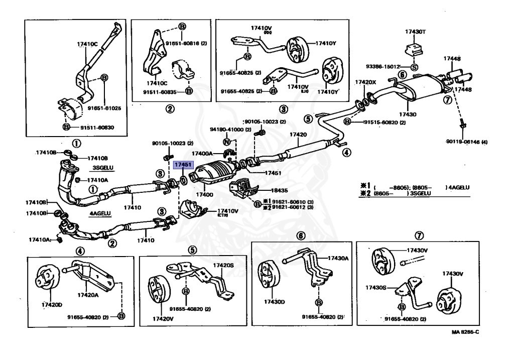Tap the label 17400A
[202, 153]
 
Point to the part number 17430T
[416, 32]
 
